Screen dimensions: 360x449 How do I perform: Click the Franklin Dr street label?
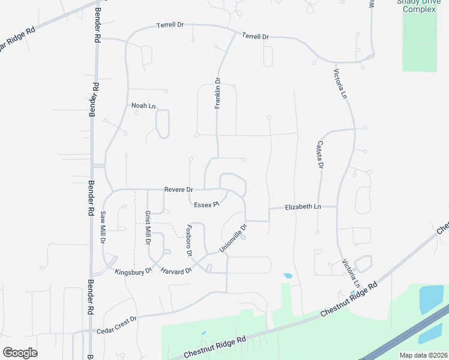(218, 93)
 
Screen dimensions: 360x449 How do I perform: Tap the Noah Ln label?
(143, 106)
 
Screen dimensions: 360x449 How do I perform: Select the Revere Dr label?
(178, 190)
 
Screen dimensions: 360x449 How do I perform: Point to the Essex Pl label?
(206, 205)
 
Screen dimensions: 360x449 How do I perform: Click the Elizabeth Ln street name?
(303, 206)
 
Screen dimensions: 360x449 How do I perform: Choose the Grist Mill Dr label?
(148, 228)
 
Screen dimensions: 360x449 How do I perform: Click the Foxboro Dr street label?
(188, 241)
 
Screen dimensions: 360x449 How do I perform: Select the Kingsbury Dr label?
(133, 272)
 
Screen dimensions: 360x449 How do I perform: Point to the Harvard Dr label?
(176, 271)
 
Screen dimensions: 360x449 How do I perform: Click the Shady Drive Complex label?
(419, 5)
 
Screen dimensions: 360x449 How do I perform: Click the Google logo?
(20, 353)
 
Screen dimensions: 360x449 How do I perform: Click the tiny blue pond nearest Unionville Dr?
(288, 276)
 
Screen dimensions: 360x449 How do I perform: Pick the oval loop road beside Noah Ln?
(162, 124)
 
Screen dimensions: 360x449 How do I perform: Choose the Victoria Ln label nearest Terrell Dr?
(340, 85)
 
